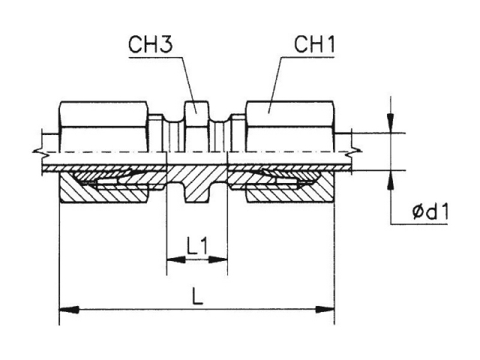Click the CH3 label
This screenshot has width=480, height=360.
tap(151, 44)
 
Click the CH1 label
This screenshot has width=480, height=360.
tap(314, 44)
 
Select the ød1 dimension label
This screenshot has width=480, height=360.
tap(430, 212)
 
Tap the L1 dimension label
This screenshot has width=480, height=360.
tap(197, 247)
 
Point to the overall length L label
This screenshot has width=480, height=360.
tap(197, 295)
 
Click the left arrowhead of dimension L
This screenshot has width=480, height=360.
tap(68, 310)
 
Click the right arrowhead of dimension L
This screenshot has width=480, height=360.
tap(325, 310)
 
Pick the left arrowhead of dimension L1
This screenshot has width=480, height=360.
tap(176, 260)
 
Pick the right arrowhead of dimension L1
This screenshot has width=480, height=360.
tap(218, 260)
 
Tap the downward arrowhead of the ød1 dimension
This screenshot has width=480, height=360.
tap(390, 123)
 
